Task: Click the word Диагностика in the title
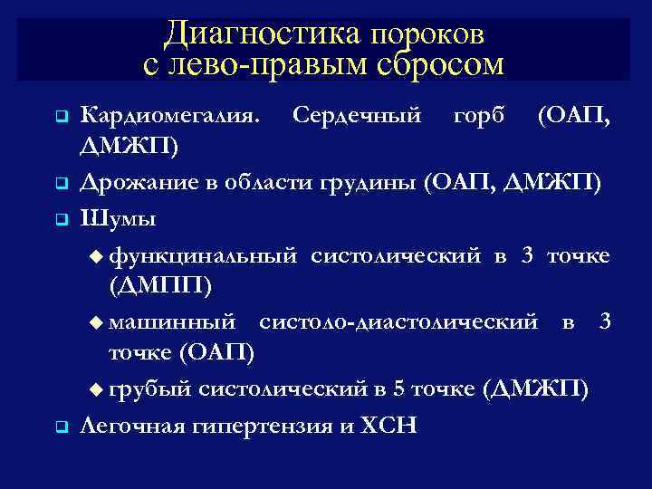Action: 262,34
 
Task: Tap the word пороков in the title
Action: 427,34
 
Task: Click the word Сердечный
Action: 357,116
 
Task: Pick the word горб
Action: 478,116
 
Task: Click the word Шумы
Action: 118,217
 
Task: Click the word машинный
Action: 174,321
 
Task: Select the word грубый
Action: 150,388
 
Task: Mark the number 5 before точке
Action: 398,388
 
